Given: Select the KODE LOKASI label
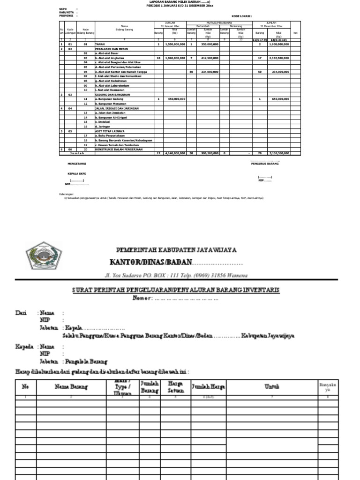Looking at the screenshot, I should [x=241, y=16].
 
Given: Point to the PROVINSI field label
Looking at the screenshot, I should [x=66, y=16].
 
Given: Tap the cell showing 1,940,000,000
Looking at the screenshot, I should [x=175, y=58].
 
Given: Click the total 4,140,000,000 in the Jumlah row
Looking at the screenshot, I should [x=175, y=153].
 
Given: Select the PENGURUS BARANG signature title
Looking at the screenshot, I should [x=265, y=164].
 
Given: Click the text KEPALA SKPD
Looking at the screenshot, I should [x=77, y=173].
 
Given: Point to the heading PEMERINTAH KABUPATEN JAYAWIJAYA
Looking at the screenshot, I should [x=176, y=250].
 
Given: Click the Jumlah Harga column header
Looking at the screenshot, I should [x=208, y=387].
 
